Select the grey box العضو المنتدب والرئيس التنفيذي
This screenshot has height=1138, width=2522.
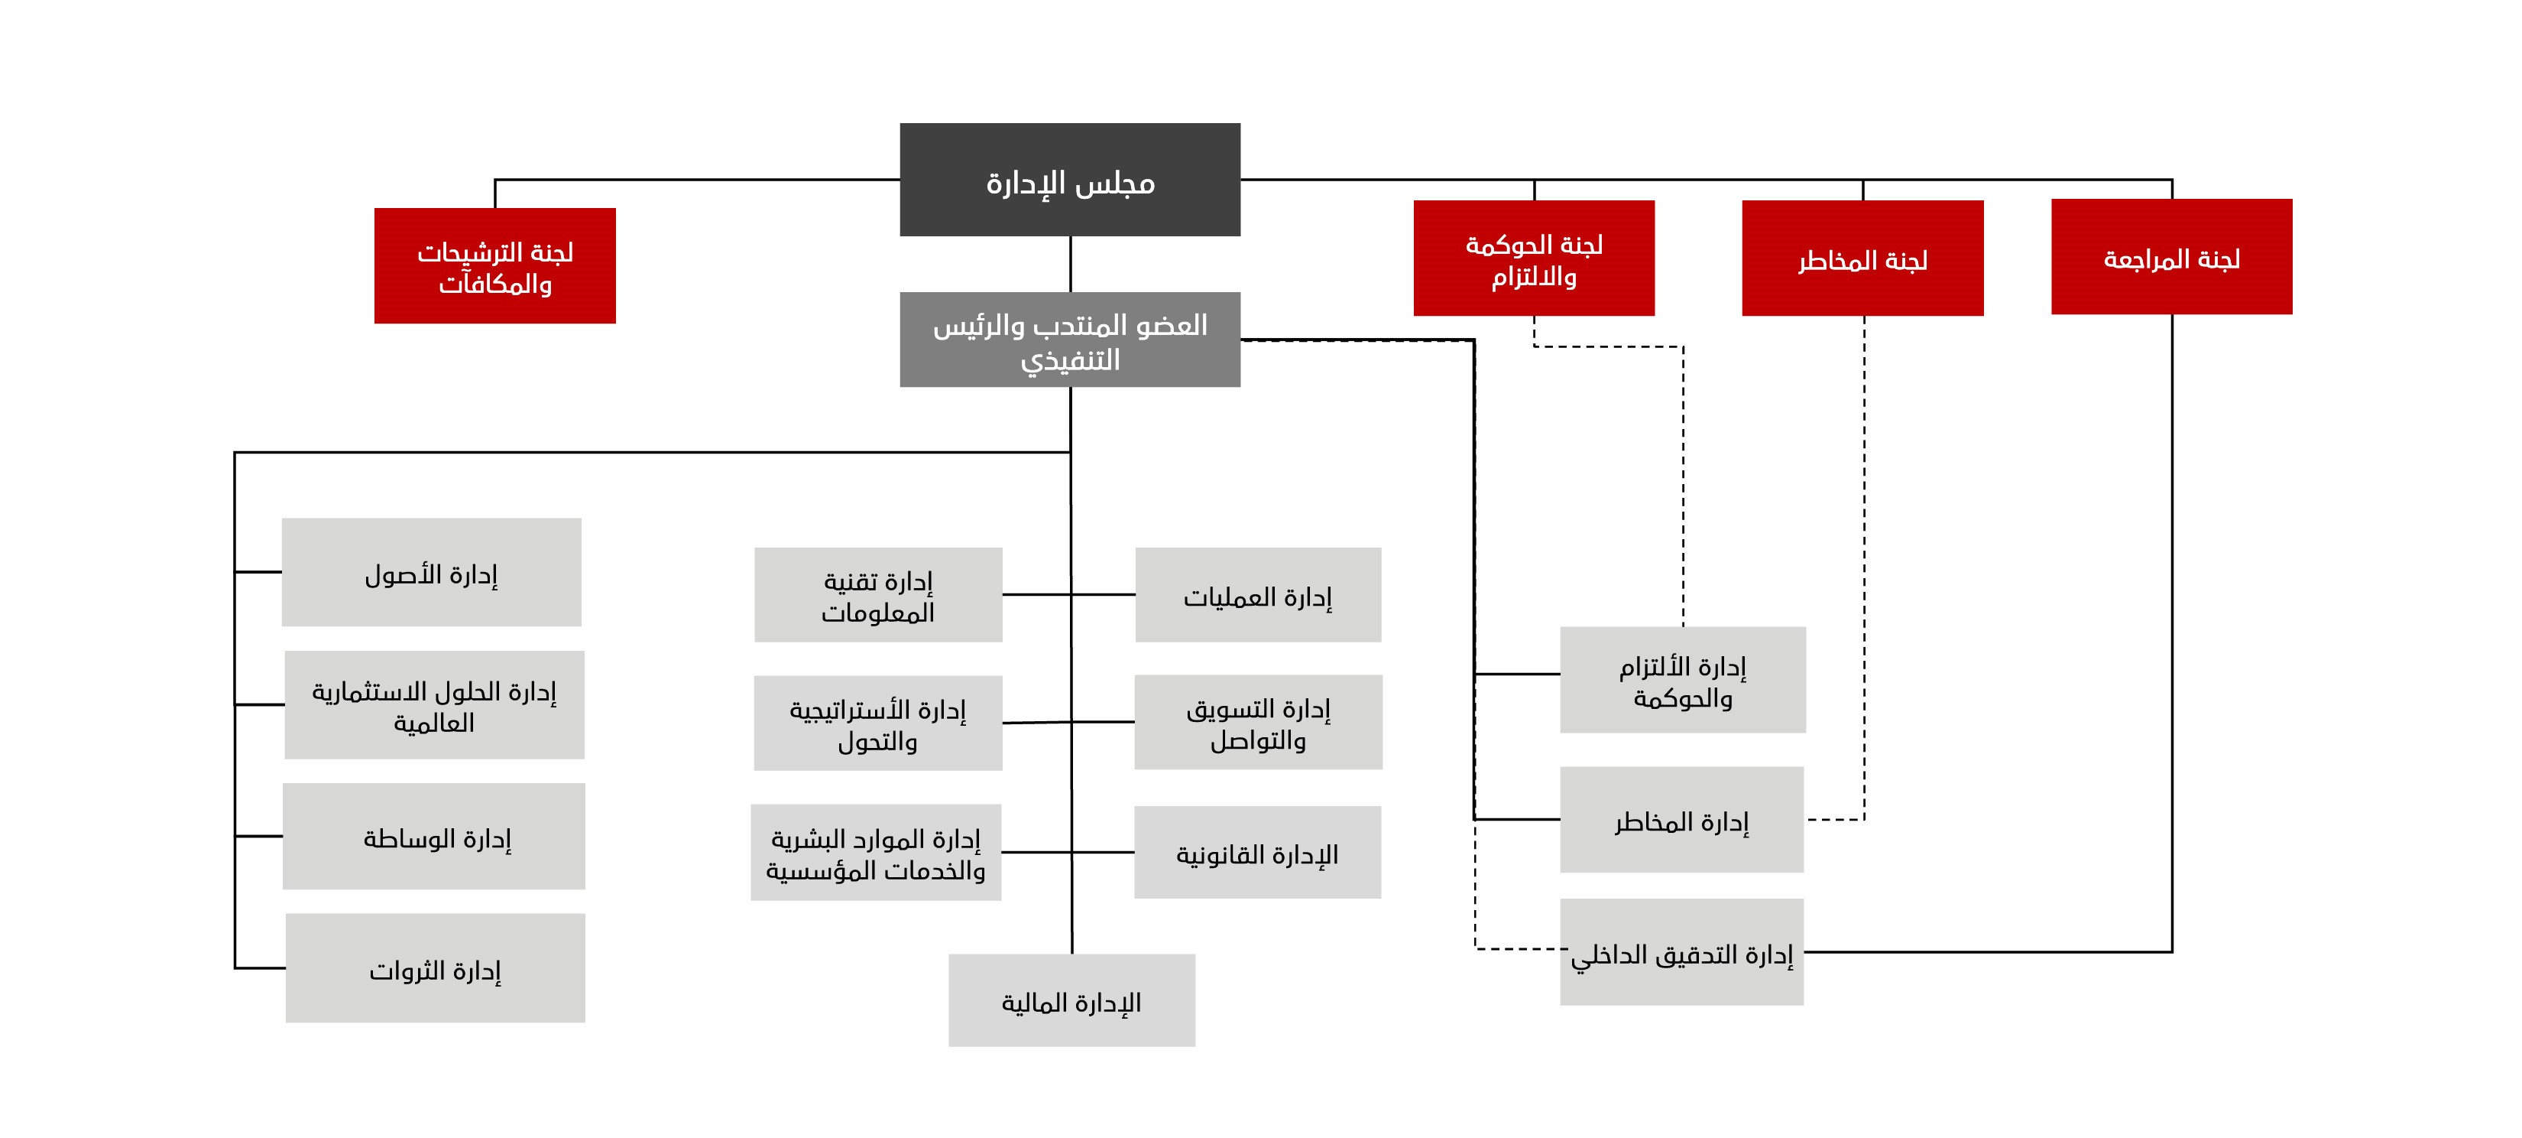point(1069,339)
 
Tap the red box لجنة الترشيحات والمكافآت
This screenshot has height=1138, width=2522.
point(494,265)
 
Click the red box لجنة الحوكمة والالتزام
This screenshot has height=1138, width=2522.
point(1533,258)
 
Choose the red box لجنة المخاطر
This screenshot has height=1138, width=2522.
point(1862,258)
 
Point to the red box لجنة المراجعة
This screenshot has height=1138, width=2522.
point(2171,257)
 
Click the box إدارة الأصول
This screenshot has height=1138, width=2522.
point(431,572)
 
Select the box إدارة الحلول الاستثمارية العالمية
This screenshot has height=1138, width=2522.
point(434,705)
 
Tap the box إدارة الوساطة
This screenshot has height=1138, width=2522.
point(434,837)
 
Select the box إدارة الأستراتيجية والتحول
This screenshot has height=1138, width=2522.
point(877,723)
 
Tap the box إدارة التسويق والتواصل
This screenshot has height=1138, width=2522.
point(1258,722)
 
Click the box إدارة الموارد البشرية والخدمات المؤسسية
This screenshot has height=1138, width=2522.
point(875,852)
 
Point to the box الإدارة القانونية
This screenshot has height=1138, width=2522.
point(1257,852)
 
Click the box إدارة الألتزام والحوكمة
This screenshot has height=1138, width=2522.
point(1682,680)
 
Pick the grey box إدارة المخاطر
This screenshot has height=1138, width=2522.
point(1681,820)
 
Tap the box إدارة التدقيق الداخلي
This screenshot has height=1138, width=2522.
point(1681,952)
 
